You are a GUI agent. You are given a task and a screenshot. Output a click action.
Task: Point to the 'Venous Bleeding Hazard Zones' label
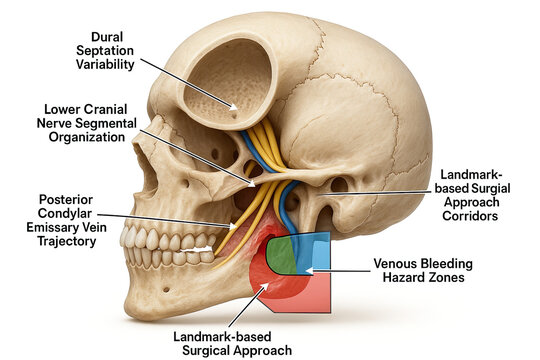click(x=423, y=271)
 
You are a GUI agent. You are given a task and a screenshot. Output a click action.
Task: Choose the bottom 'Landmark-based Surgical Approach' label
click(x=232, y=343)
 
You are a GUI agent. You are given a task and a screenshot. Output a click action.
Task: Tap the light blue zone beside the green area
click(x=319, y=254)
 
